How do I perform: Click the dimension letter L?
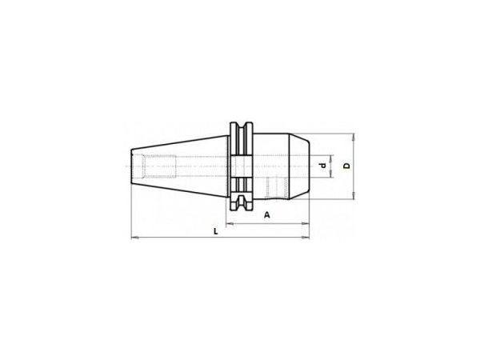[x=215, y=231]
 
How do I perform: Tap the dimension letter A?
[x=267, y=215]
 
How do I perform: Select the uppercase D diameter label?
[x=346, y=166]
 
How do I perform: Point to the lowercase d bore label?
[x=322, y=166]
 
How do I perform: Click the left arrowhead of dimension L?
[x=134, y=238]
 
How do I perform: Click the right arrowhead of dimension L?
[x=306, y=238]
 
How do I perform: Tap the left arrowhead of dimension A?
[x=230, y=224]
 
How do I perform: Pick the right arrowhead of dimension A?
[x=306, y=224]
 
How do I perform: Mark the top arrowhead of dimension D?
[x=354, y=137]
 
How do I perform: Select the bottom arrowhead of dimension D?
[x=354, y=196]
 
